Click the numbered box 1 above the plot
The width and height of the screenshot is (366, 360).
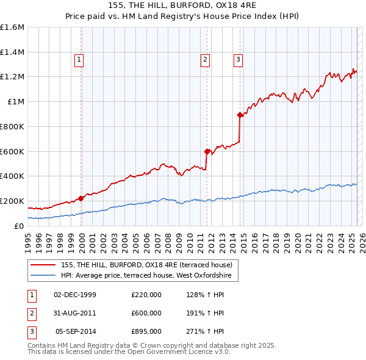pos(80,59)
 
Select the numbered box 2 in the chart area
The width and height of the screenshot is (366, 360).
pos(205,59)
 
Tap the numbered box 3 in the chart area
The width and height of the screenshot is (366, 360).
pos(237,59)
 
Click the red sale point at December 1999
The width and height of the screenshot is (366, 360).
pos(81,198)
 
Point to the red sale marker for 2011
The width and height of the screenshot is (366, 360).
pos(207,151)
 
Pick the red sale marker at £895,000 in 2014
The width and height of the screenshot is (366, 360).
pos(240,114)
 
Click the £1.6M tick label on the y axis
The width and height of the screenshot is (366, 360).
pos(12,27)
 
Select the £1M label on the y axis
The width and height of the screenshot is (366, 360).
pos(16,102)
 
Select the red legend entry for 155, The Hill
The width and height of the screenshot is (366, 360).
pos(146,265)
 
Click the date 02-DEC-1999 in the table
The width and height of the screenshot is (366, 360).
pos(75,295)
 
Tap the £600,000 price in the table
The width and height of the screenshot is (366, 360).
pos(146,313)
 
